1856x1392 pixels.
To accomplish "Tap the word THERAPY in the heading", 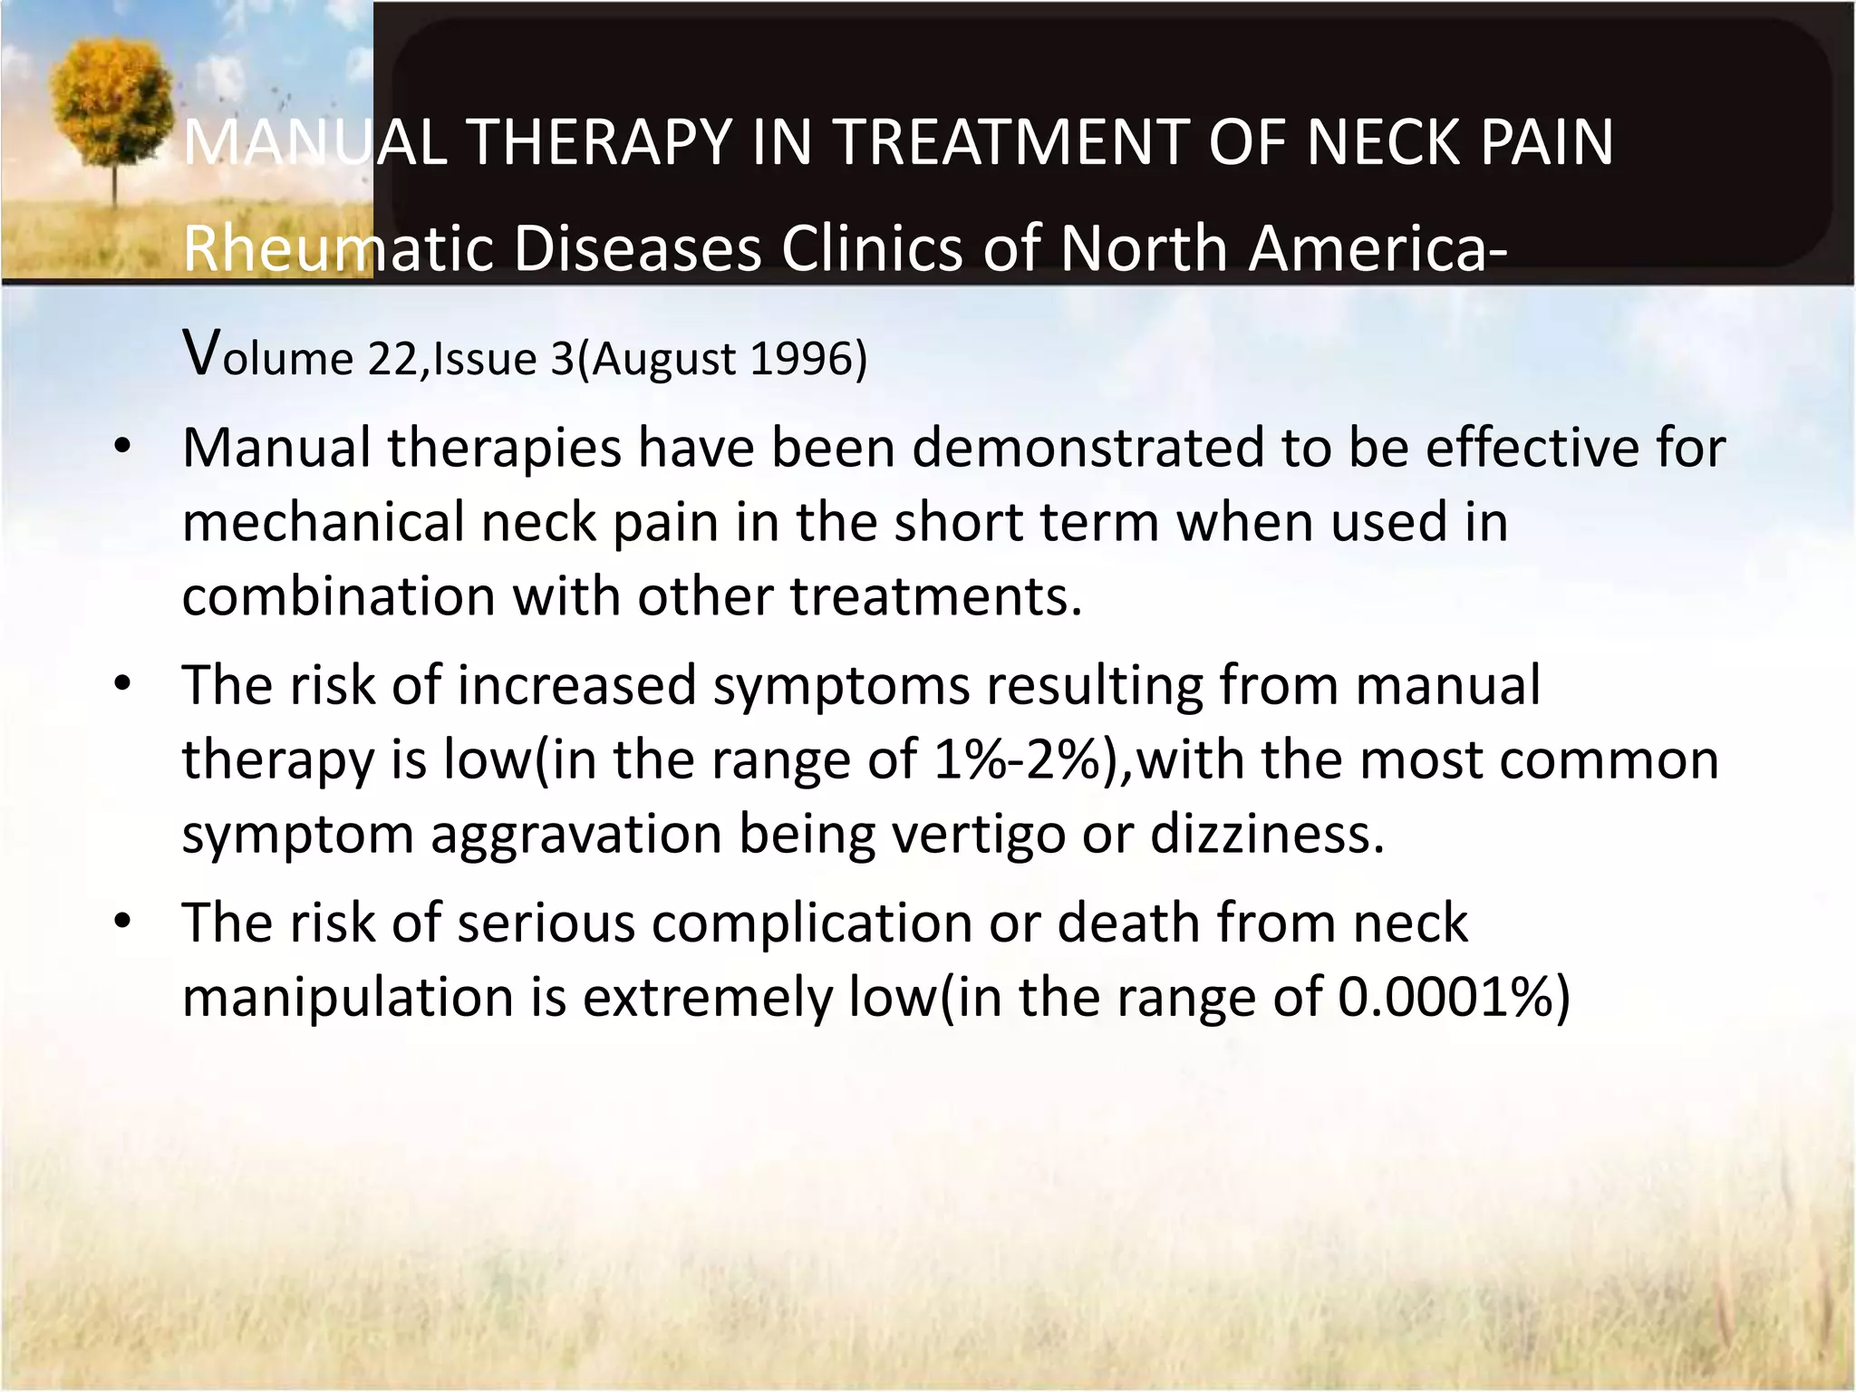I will click(599, 142).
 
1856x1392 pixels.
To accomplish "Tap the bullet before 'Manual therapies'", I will click(123, 447).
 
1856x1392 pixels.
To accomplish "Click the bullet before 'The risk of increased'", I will click(123, 684).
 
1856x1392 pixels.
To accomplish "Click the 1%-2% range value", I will click(1024, 759).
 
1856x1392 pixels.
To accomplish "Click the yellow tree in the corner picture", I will click(113, 104).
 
